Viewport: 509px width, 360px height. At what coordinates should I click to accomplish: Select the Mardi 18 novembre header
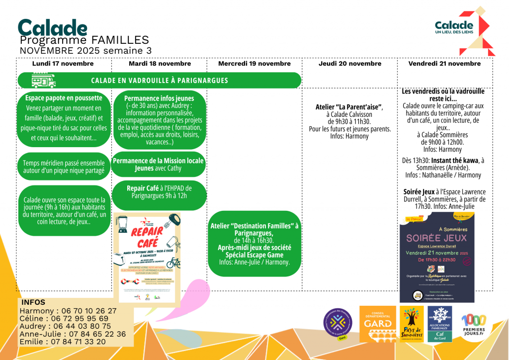coord(160,64)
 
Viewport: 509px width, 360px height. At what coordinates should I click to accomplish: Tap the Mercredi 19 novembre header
coord(254,64)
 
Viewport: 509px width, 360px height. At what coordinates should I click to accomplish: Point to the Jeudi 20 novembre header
coord(350,64)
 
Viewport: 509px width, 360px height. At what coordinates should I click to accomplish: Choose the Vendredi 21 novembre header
coord(444,64)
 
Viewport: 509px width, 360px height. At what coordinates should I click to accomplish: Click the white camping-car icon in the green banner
coord(44,80)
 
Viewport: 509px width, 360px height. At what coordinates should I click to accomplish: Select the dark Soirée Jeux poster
coord(437,257)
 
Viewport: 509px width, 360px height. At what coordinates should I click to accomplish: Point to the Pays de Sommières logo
coord(412,324)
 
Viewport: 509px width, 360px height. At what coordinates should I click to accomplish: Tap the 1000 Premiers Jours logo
coord(474,325)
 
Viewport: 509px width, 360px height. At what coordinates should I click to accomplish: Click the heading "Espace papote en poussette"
coord(64,98)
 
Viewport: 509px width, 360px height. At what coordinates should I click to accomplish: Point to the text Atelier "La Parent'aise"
coord(349,107)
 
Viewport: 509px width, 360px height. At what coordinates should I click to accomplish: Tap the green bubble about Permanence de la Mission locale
coord(158,165)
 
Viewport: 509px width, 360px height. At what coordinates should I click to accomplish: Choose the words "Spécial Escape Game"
coord(254,255)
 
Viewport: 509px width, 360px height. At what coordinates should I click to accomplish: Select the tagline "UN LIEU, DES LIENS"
coord(454,33)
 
